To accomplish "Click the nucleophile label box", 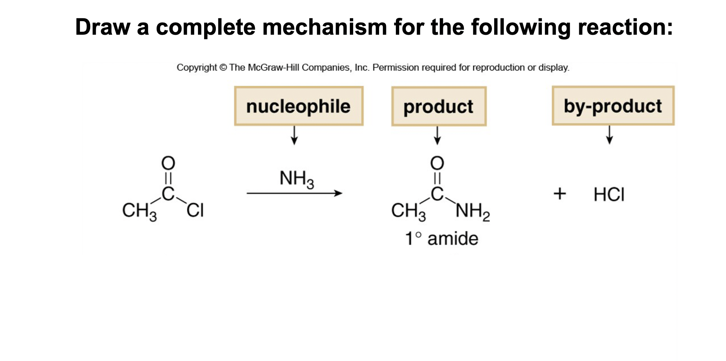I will (298, 106).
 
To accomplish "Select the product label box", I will (439, 107).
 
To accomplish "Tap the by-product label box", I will (613, 106).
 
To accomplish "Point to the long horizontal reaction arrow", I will (294, 193).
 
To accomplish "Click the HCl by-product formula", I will (609, 194).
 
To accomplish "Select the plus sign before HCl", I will (559, 194).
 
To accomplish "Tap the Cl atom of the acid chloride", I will (195, 210).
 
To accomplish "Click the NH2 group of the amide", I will (473, 212).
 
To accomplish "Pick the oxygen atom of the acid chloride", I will (168, 163).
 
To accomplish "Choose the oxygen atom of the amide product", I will (437, 163).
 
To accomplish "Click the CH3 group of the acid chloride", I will (139, 211).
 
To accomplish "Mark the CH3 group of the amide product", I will (408, 211).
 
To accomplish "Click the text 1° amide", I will (442, 239).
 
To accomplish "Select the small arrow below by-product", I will (609, 135).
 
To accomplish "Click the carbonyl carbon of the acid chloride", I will (168, 194).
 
